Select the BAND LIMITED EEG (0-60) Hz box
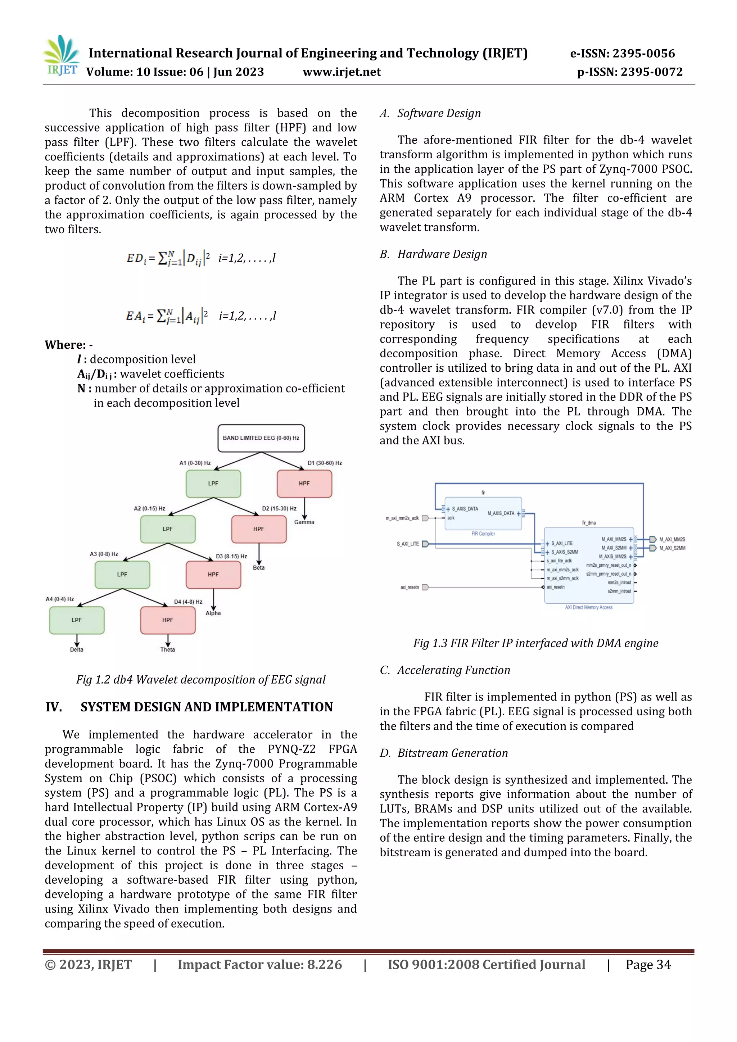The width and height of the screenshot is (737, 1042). tap(261, 438)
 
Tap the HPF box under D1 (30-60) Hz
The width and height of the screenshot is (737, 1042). tap(304, 484)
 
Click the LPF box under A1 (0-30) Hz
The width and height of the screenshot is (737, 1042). tap(213, 484)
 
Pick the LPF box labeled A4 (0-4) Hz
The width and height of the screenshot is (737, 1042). tap(77, 620)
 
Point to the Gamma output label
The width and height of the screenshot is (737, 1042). tap(304, 522)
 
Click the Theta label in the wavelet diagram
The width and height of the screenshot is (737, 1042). tap(167, 649)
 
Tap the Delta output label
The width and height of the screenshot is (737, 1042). tap(77, 649)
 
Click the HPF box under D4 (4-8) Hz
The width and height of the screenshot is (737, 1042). tap(167, 620)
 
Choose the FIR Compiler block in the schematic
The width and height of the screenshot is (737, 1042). tap(483, 514)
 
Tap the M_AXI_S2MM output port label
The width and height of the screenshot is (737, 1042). tap(672, 548)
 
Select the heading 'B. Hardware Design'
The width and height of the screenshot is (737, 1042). tap(433, 254)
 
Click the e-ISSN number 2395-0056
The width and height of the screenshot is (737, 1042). tap(643, 54)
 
